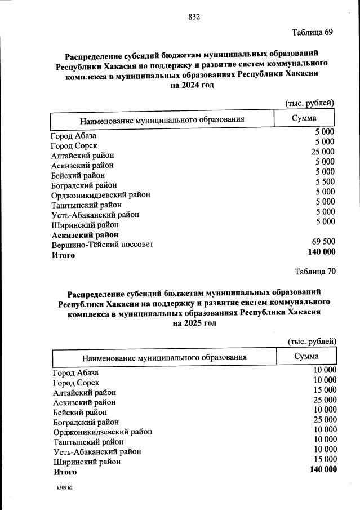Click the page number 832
[x=194, y=17]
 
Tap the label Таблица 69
[x=313, y=32]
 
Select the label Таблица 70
[x=315, y=272]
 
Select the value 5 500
[x=325, y=181]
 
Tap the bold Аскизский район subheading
[x=85, y=234]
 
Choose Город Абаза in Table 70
[x=75, y=373]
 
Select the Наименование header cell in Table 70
[x=165, y=357]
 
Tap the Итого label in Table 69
[x=63, y=255]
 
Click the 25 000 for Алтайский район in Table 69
[x=323, y=152]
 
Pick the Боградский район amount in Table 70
[x=325, y=419]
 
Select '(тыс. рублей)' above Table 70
[x=312, y=342]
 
